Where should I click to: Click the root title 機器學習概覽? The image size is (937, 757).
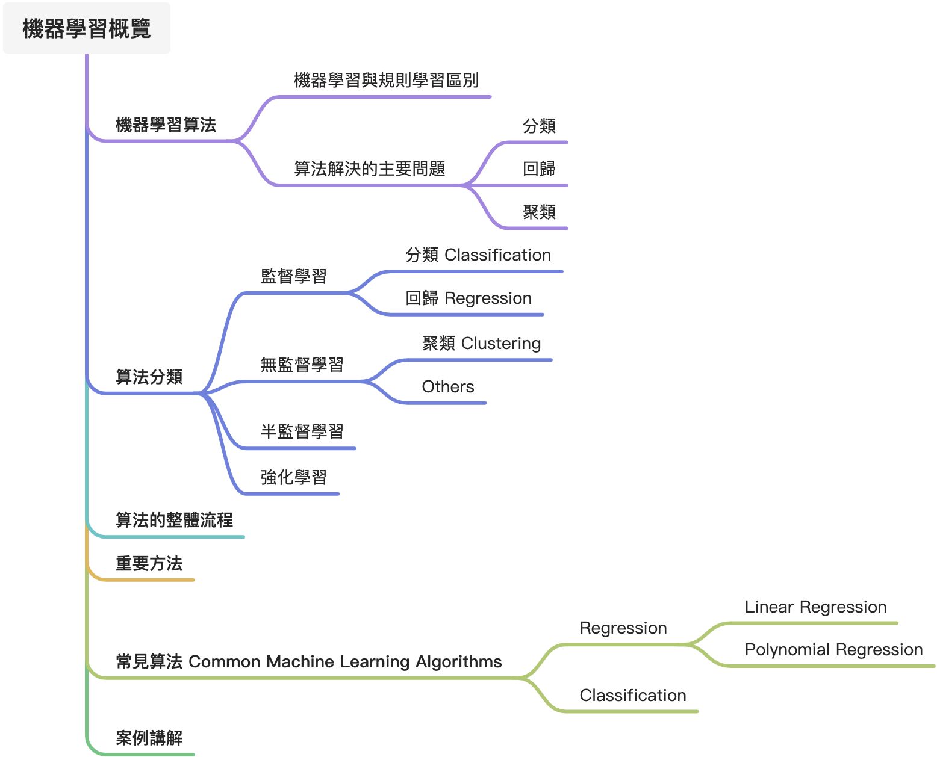pyautogui.click(x=87, y=28)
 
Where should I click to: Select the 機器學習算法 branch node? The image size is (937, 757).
pyautogui.click(x=166, y=125)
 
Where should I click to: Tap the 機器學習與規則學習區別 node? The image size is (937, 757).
pyautogui.click(x=386, y=80)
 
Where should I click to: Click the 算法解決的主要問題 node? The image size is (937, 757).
pyautogui.click(x=369, y=168)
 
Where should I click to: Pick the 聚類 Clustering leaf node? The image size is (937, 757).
pyautogui.click(x=481, y=343)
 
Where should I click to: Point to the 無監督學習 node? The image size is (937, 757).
pyautogui.click(x=302, y=365)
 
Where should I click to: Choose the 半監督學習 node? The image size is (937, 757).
pyautogui.click(x=302, y=431)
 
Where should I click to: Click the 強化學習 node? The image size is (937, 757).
pyautogui.click(x=293, y=477)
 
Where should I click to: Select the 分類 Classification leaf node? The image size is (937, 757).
pyautogui.click(x=478, y=255)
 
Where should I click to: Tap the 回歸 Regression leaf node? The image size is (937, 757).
pyautogui.click(x=468, y=298)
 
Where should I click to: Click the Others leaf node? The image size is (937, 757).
pyautogui.click(x=447, y=386)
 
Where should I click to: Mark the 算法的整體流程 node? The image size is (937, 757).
pyautogui.click(x=174, y=520)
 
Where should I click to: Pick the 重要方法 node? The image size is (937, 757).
pyautogui.click(x=149, y=563)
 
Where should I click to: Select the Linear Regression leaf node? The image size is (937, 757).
pyautogui.click(x=815, y=607)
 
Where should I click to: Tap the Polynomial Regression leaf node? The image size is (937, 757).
pyautogui.click(x=833, y=650)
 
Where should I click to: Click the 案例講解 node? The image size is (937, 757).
pyautogui.click(x=149, y=738)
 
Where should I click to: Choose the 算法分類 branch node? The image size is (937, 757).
pyautogui.click(x=149, y=377)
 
